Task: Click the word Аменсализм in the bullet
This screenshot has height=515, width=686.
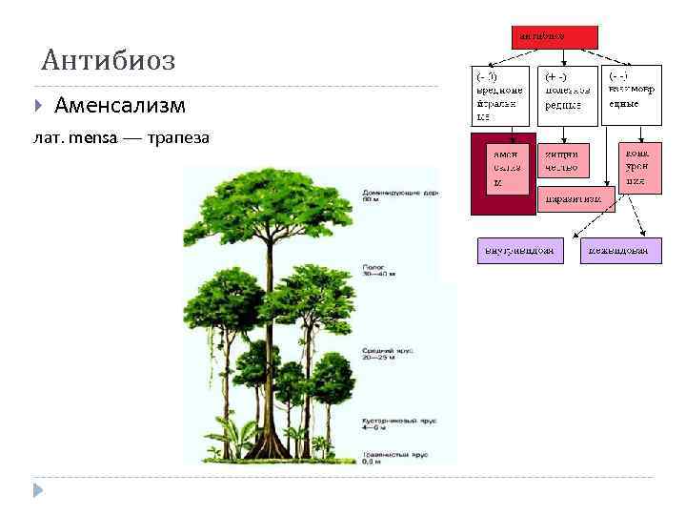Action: pyautogui.click(x=120, y=104)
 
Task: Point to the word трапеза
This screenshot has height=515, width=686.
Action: pyautogui.click(x=177, y=138)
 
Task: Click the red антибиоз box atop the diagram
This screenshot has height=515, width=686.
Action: pyautogui.click(x=555, y=36)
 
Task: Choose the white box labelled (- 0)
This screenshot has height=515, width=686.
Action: pyautogui.click(x=500, y=94)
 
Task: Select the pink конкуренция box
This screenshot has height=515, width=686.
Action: pyautogui.click(x=638, y=167)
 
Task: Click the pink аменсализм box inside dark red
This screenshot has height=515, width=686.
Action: pyautogui.click(x=505, y=169)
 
